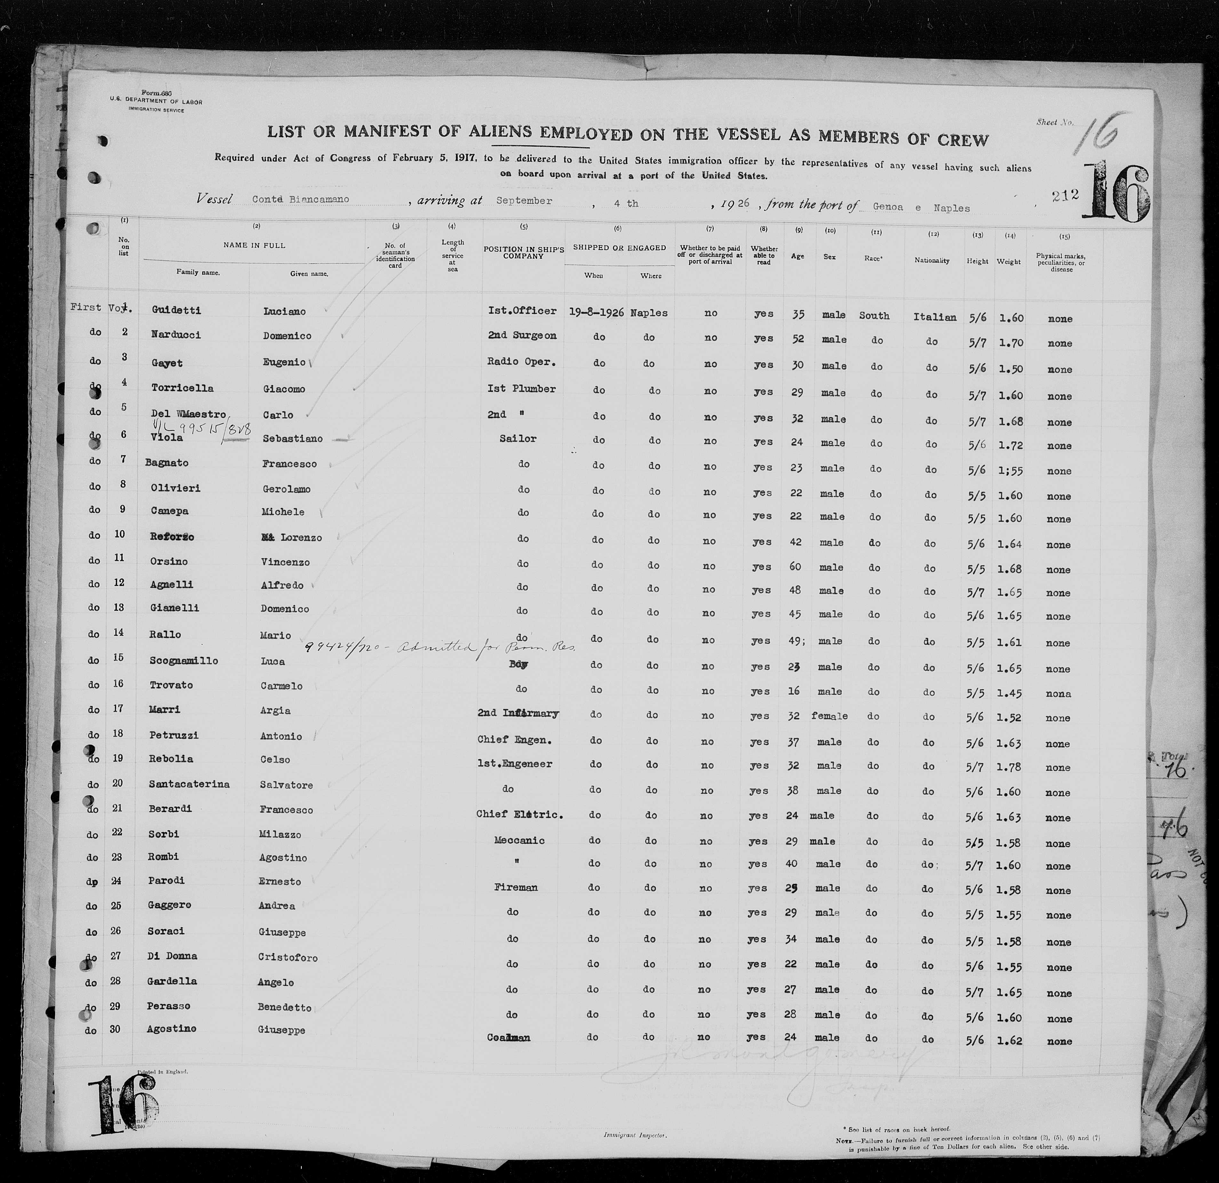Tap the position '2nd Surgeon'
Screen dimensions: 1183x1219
coord(522,336)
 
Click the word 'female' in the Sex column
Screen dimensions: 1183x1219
coord(829,716)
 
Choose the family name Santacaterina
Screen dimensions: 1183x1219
coord(189,784)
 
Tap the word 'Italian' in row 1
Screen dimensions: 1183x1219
coord(934,317)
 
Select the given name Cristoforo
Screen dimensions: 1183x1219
coord(287,957)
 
